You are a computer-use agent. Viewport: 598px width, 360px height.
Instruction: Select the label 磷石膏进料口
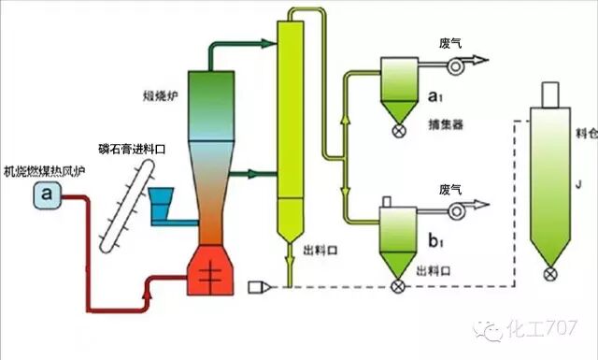[x=135, y=148]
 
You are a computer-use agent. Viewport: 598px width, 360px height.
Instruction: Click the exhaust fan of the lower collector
[x=457, y=213]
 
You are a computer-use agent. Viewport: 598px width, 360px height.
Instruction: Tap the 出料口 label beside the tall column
[x=320, y=252]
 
